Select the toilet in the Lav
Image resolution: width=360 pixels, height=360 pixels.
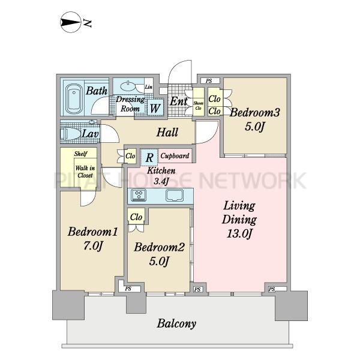(70, 133)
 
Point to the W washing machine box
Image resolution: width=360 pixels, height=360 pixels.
(155, 107)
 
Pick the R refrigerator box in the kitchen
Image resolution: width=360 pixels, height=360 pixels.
(149, 157)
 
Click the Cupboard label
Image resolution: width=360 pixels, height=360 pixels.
(175, 156)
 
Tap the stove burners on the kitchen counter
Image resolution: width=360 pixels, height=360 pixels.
(139, 196)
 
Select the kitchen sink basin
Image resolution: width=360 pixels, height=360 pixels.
(175, 196)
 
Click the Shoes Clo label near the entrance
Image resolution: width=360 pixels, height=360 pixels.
(198, 106)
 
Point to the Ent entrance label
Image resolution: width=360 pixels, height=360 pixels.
(179, 101)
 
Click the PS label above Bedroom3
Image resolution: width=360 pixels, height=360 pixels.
(209, 81)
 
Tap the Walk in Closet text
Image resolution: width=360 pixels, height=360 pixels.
(85, 172)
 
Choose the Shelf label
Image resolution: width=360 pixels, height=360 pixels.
(80, 154)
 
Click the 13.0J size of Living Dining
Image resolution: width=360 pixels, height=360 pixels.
(239, 234)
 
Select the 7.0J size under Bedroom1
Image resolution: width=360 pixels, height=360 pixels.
(92, 246)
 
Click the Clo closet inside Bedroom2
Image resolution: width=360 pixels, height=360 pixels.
(136, 217)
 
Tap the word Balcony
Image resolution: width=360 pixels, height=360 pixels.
(176, 324)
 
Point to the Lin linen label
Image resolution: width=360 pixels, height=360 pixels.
(149, 87)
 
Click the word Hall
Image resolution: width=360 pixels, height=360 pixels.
(167, 132)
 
